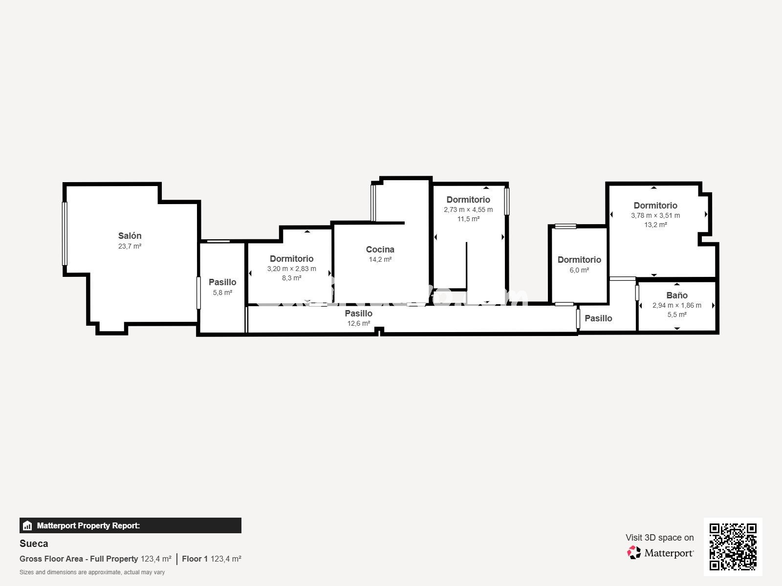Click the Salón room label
(130, 235)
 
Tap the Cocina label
(380, 250)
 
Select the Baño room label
(677, 295)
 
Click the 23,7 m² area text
(130, 246)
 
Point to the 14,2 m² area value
(380, 259)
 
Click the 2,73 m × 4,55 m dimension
(468, 209)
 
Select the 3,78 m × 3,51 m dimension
(655, 215)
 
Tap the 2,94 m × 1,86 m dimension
(676, 305)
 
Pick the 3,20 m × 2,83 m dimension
(291, 269)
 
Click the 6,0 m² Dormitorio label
(579, 260)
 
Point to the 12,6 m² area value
(358, 323)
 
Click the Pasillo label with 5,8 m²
(222, 282)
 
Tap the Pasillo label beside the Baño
(598, 318)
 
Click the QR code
(733, 546)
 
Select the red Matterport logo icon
(633, 553)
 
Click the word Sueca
(34, 544)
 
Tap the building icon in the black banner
(27, 525)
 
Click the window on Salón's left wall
(65, 233)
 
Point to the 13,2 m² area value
(655, 225)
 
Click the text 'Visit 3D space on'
(659, 538)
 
